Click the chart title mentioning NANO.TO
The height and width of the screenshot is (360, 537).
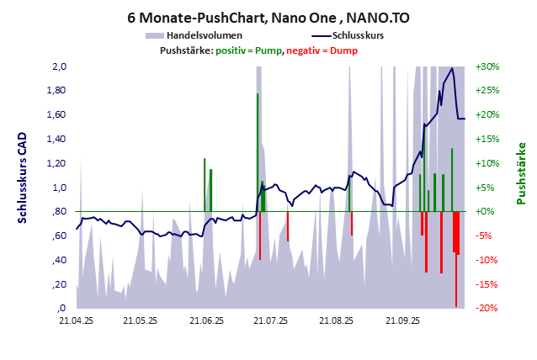click(x=268, y=17)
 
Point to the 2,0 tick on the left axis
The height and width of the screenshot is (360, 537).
click(x=59, y=66)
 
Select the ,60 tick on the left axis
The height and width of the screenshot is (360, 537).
click(x=58, y=236)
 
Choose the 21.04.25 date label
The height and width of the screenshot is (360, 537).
click(x=76, y=320)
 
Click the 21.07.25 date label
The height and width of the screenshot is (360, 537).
click(x=271, y=320)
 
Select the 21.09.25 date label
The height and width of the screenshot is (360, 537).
click(x=402, y=320)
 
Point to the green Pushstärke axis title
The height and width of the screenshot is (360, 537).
click(x=520, y=173)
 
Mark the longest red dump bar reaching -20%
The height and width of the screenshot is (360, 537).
click(x=456, y=261)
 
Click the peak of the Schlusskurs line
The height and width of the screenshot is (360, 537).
click(x=453, y=68)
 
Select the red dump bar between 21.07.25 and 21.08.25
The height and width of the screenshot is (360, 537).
click(x=288, y=226)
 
